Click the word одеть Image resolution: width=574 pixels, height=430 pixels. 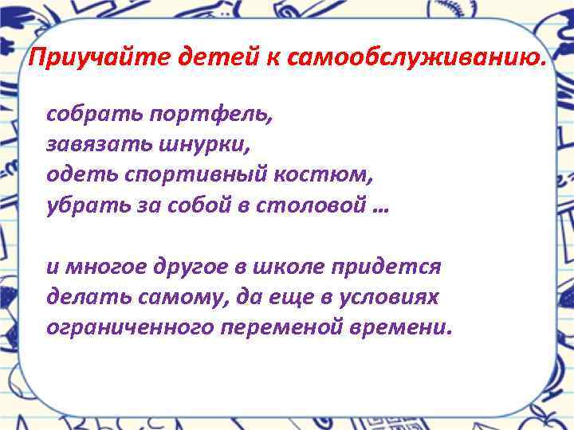point(73,174)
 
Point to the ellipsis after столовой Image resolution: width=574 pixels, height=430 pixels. point(380,208)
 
